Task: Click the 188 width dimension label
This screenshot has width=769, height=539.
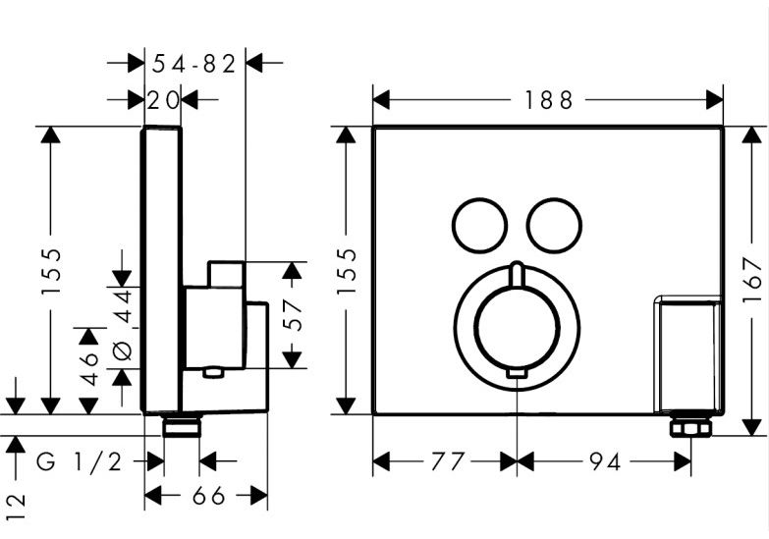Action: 547,100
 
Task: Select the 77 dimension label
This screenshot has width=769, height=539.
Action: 444,459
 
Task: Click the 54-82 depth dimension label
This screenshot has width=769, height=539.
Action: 194,64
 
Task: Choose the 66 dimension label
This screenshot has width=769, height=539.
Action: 207,497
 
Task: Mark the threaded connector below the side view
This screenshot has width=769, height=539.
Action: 182,426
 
